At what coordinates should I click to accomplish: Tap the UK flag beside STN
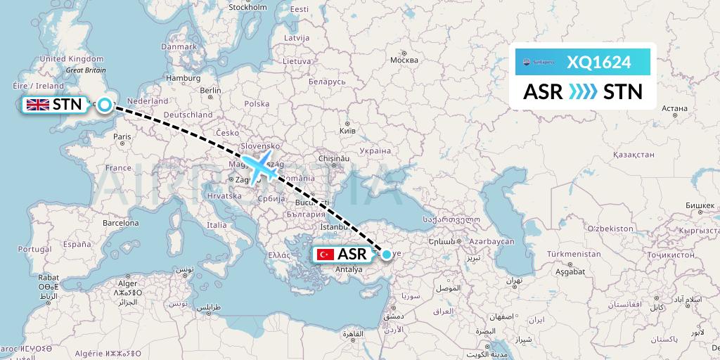point(37,105)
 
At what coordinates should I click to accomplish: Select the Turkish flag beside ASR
point(325,254)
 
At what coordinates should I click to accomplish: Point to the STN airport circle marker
point(105,105)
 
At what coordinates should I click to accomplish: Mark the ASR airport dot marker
point(386,254)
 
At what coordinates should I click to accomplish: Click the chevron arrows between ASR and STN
point(583,91)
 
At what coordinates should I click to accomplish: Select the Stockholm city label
point(247,8)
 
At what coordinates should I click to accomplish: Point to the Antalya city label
point(349,269)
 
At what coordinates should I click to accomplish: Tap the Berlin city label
point(210,90)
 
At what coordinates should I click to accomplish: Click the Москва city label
point(404,60)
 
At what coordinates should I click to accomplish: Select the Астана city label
point(674,108)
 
